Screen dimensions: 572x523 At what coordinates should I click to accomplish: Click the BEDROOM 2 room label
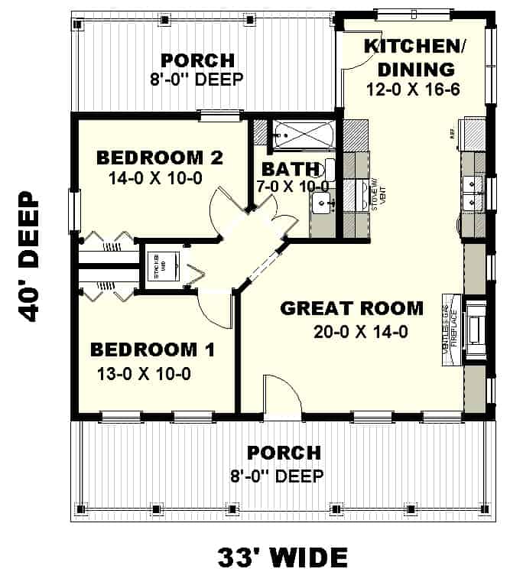click(159, 158)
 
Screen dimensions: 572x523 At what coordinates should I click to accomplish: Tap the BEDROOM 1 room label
click(152, 349)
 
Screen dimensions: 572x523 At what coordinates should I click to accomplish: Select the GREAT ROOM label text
click(351, 308)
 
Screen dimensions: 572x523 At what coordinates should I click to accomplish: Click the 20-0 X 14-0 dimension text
click(351, 332)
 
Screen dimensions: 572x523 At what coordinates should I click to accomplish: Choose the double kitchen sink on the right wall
click(474, 193)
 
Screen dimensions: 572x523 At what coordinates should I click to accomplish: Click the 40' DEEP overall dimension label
click(28, 256)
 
